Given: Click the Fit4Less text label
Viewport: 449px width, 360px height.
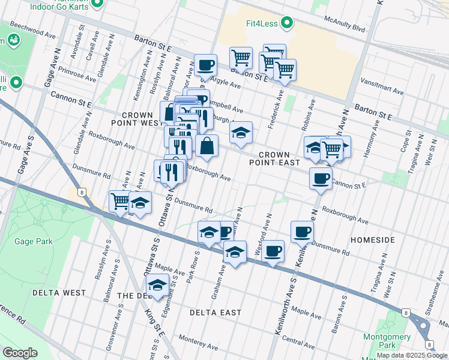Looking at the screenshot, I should [x=258, y=24].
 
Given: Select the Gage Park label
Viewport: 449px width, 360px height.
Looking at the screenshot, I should [x=35, y=241].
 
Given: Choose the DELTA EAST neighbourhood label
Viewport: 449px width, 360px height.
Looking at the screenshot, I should [x=215, y=313].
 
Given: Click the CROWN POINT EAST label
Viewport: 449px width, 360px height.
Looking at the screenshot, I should [x=274, y=158].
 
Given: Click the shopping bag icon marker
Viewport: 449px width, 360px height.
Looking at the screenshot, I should [x=206, y=146].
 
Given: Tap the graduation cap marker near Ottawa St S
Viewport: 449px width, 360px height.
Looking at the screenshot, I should [x=157, y=286].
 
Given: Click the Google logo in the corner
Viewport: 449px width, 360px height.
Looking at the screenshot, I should [x=20, y=353].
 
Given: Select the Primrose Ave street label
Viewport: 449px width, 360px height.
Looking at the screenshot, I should [x=77, y=74].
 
